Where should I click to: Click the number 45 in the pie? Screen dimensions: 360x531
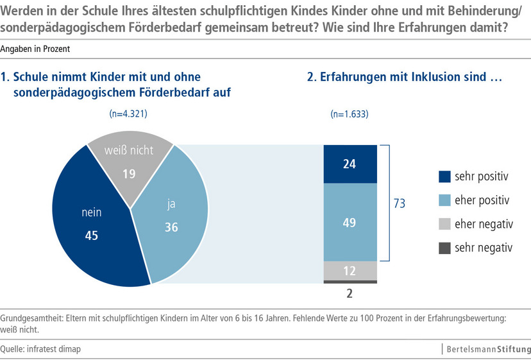tap(91, 236)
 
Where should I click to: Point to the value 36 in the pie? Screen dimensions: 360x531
tap(171, 227)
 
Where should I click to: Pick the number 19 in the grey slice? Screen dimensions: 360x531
tap(128, 173)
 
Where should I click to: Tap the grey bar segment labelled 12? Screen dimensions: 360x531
tap(350, 271)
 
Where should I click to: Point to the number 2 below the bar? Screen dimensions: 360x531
tap(350, 293)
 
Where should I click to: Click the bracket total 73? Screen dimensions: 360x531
tap(399, 203)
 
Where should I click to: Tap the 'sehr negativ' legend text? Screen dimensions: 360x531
tap(482, 247)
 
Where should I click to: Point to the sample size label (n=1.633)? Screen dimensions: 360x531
tap(350, 115)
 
